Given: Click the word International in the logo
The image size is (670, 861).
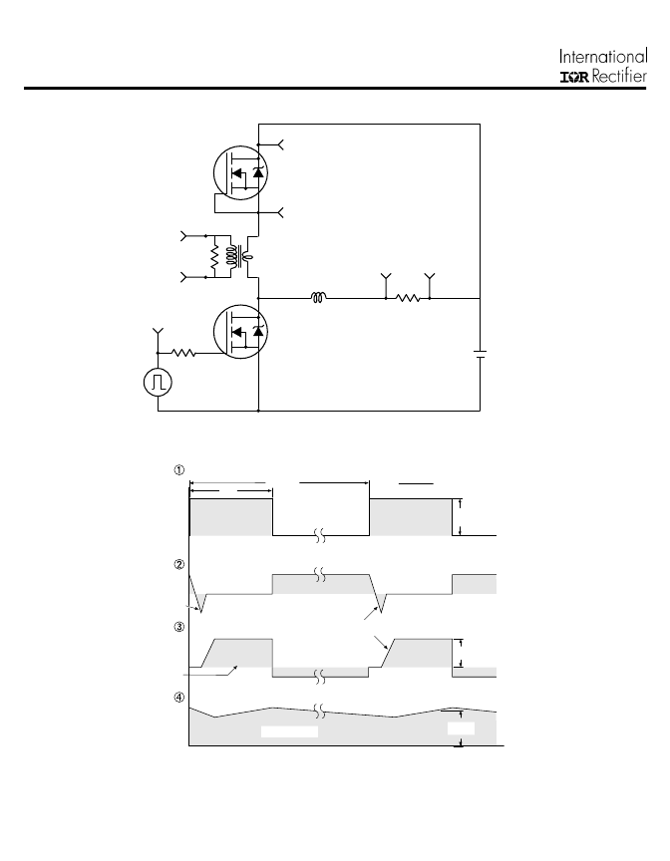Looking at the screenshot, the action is coord(603,57).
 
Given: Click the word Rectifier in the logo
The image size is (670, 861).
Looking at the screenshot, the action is coord(619,77).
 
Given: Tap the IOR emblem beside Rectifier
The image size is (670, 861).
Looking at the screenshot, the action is coord(574,78).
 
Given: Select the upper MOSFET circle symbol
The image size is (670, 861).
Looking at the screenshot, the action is coord(240,173).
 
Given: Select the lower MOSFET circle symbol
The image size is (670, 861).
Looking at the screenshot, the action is coord(240,332).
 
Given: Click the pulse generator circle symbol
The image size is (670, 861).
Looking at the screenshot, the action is coord(159,383).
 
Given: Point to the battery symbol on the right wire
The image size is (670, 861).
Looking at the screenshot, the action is coord(480,354).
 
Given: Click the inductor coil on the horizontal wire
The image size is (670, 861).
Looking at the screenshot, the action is coord(318,298).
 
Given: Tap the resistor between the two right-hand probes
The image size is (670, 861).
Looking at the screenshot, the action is coord(408,298).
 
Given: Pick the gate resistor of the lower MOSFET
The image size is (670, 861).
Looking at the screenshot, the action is coord(184,353).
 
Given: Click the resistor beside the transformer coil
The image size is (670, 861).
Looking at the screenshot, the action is coord(214,257).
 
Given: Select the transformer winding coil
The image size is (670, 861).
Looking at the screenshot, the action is coord(232,257).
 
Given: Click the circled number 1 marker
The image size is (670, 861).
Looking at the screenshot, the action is coord(179,470).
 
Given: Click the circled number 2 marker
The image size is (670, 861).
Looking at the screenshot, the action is coord(179,564).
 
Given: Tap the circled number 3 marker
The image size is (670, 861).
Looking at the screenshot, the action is coord(179,627).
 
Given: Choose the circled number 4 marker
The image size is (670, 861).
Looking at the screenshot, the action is coord(179,698).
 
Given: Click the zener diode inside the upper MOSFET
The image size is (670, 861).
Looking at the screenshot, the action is coord(258,172).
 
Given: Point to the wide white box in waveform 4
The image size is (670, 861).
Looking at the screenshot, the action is coord(289,731).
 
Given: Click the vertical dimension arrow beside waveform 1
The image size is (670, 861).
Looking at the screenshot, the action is coord(461,517).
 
